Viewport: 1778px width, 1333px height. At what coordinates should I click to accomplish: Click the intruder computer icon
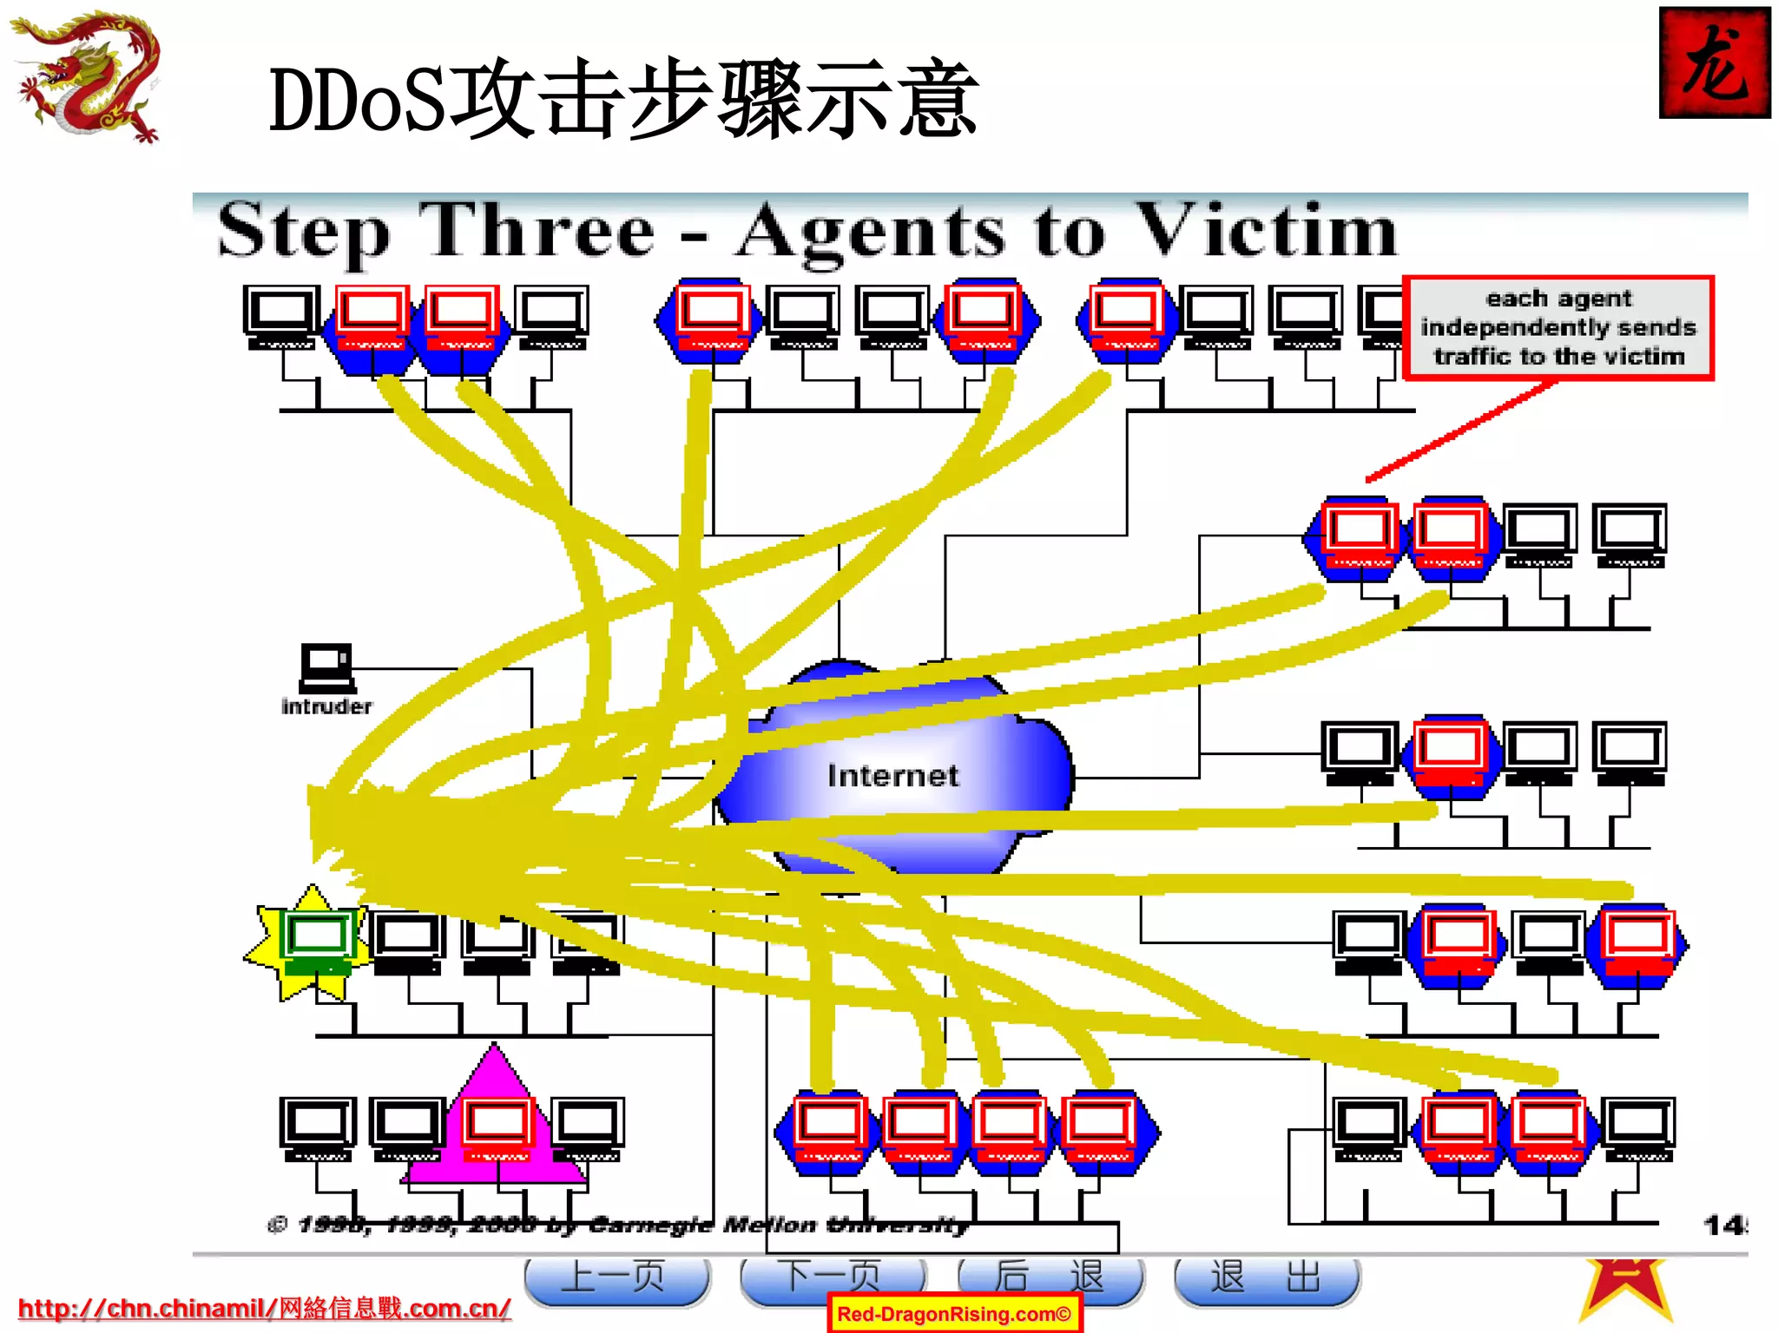click(x=327, y=666)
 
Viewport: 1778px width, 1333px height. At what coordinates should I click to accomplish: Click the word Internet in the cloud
click(x=892, y=775)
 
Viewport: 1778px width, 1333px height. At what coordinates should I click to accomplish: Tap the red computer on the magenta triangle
click(x=497, y=1128)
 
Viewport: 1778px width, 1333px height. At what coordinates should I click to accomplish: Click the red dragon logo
click(x=87, y=76)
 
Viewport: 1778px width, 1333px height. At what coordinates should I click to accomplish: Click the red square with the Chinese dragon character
click(x=1714, y=62)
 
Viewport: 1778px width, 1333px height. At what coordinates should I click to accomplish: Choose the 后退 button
click(x=1050, y=1277)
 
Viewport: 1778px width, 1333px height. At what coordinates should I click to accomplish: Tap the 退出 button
click(x=1266, y=1277)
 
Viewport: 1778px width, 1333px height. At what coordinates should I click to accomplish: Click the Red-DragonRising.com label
click(x=953, y=1314)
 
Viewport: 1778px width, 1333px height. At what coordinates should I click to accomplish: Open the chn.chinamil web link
click(x=264, y=1308)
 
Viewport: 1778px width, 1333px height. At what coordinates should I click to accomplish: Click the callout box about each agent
click(x=1558, y=328)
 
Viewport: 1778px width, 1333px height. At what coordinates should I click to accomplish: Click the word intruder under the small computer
click(x=326, y=706)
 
